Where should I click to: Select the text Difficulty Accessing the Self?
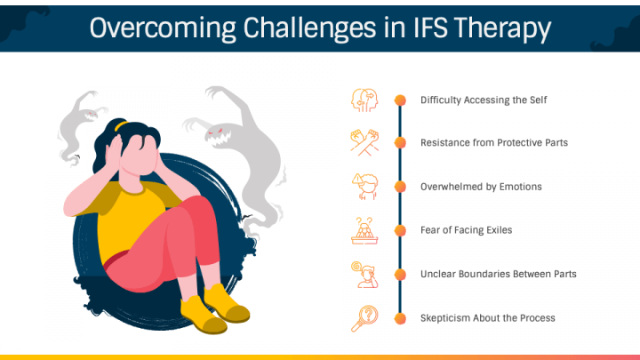[483, 100]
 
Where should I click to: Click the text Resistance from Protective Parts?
[493, 143]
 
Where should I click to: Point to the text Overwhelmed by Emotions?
[480, 187]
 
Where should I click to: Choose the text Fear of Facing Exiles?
[466, 230]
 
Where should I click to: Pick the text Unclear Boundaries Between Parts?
[498, 274]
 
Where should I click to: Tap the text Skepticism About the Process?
[488, 317]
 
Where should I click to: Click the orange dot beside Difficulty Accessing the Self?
[400, 100]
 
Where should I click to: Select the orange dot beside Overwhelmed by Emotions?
[400, 187]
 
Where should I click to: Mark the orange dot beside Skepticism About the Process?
[400, 317]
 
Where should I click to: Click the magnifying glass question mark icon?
[364, 317]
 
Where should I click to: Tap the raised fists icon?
[364, 142]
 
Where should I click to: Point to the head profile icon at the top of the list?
[364, 99]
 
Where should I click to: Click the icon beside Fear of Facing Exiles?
[364, 230]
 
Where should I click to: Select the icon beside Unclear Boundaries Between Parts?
[364, 274]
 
